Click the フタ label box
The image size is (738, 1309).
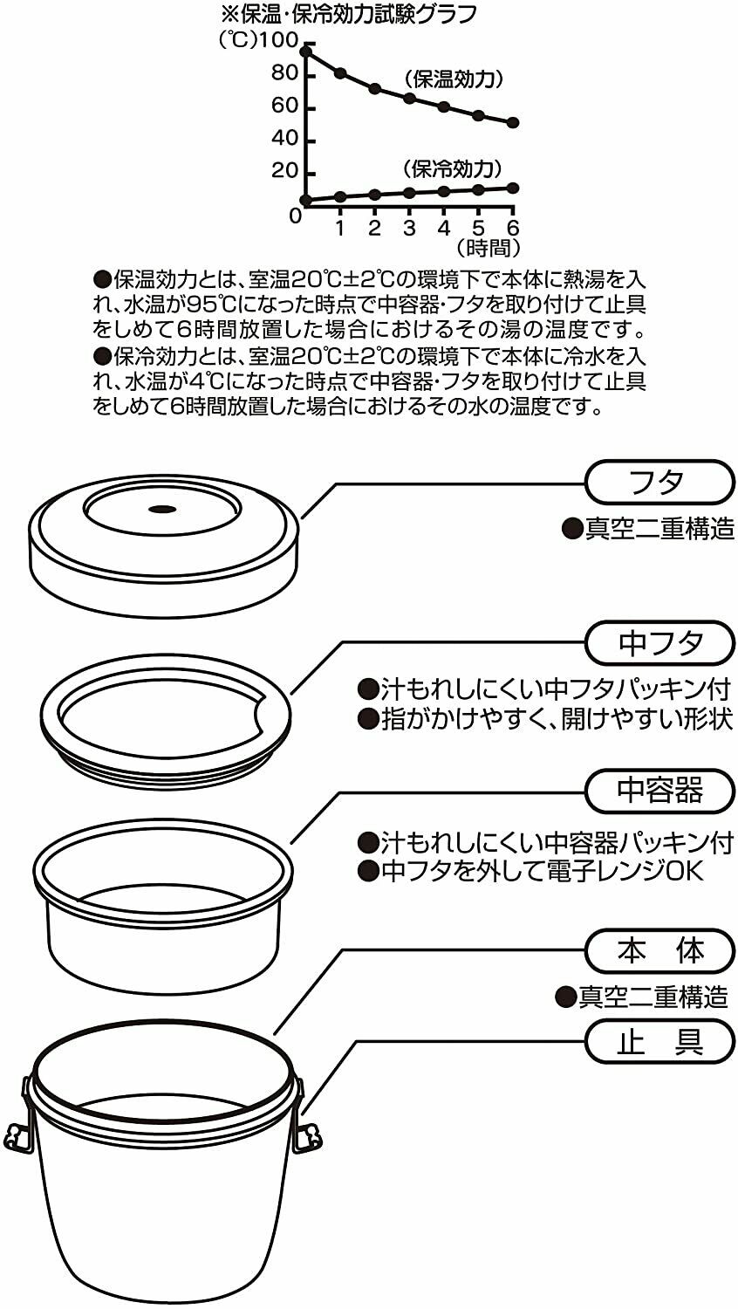pos(659,482)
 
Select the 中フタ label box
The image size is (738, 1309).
pos(659,643)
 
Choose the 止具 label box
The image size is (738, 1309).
pos(659,1041)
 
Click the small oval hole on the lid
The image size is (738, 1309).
pos(162,509)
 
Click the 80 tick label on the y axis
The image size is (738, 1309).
pos(285,73)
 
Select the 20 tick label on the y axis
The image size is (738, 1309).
pos(285,171)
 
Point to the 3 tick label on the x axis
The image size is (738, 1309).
pos(409,228)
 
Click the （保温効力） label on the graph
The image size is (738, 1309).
pos(454,79)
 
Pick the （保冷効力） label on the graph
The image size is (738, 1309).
pos(452,169)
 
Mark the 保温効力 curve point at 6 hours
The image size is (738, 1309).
pos(513,123)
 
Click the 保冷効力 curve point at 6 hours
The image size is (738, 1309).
pos(513,188)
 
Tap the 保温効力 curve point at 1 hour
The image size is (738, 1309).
pos(341,73)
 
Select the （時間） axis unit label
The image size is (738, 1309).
pos(488,249)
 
